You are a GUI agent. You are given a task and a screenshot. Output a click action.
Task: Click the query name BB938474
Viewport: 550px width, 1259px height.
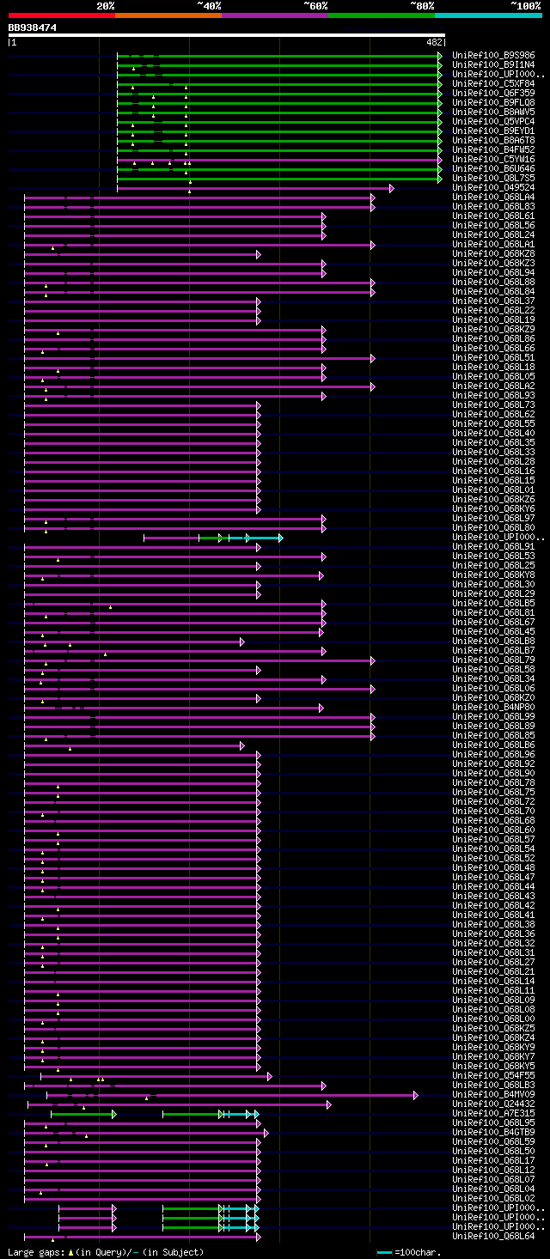[x=33, y=27]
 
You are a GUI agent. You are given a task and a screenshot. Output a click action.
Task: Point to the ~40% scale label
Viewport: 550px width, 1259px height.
[x=209, y=6]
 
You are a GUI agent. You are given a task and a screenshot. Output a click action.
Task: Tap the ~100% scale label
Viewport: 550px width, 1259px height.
[x=525, y=6]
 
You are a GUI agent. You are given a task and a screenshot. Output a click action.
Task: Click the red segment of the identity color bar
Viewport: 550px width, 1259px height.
[x=61, y=15]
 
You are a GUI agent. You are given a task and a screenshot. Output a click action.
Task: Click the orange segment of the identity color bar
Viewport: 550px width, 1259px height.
[x=168, y=15]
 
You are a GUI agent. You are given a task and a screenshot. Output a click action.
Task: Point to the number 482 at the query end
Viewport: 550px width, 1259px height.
[x=434, y=42]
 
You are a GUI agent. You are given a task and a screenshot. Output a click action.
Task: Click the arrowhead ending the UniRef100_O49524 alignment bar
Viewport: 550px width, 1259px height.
[x=391, y=188]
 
